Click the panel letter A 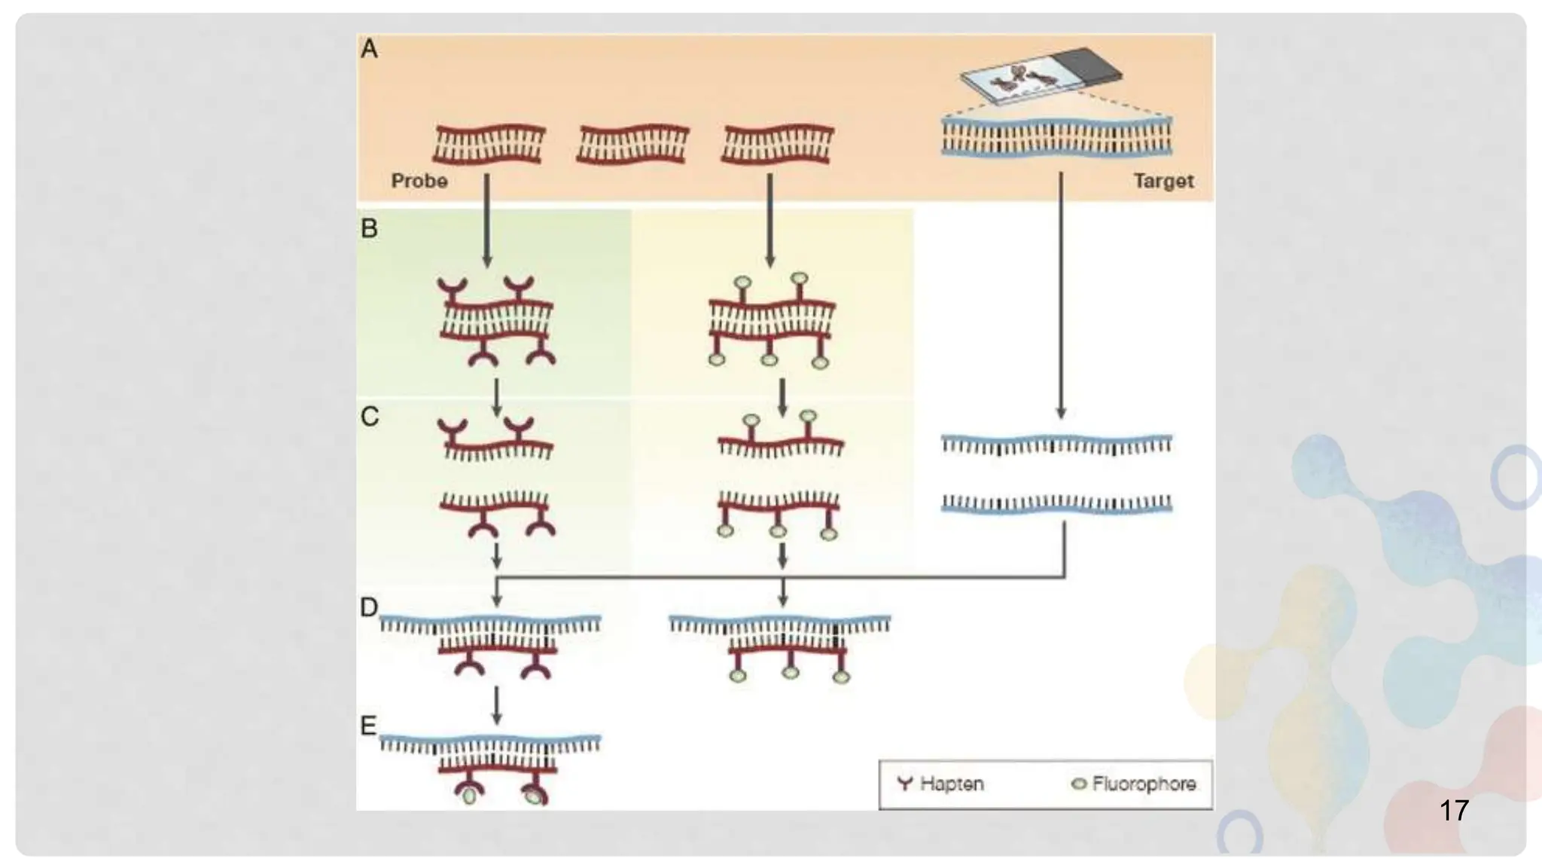pos(369,50)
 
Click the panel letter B pos(369,228)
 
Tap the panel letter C pos(369,417)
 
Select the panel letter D pos(368,607)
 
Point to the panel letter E pos(368,726)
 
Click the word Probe pos(419,181)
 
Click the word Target pos(1163,181)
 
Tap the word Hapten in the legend pos(952,784)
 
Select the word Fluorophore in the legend pos(1144,784)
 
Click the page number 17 pos(1453,811)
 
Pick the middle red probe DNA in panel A pos(632,144)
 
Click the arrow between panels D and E pos(496,704)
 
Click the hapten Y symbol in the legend pos(905,784)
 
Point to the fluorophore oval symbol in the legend pos(1078,784)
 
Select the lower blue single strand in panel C pos(1056,504)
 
